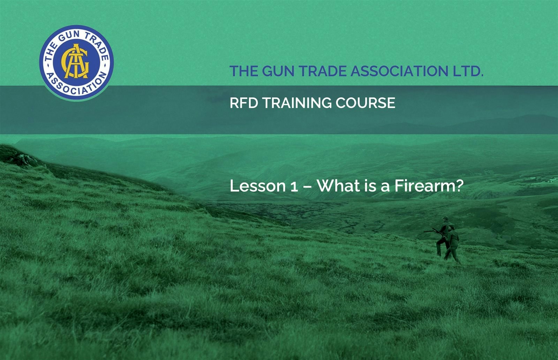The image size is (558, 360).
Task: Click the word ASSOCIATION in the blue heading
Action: (x=399, y=71)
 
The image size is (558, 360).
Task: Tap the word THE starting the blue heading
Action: (x=244, y=71)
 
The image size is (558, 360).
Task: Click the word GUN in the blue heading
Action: (x=279, y=71)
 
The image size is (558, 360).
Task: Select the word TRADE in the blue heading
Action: (x=323, y=71)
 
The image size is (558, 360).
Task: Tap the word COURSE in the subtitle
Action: (x=365, y=103)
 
